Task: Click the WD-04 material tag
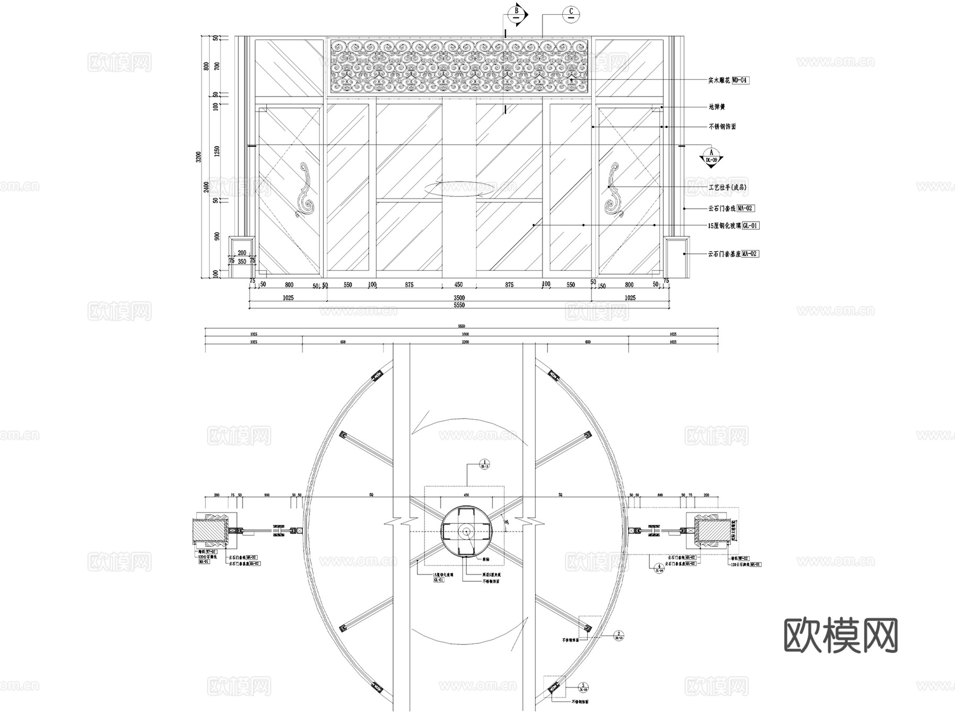click(x=740, y=81)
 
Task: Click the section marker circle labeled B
click(x=516, y=13)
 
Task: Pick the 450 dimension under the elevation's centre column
click(x=459, y=285)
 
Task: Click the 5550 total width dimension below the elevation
click(x=459, y=305)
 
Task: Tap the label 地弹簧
click(x=716, y=107)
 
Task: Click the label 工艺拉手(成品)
click(x=727, y=187)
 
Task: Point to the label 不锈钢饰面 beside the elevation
click(x=722, y=127)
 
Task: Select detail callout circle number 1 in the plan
click(x=484, y=463)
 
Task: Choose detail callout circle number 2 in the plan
click(x=619, y=634)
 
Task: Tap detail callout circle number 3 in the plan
click(x=583, y=686)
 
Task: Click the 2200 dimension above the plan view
click(x=465, y=342)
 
